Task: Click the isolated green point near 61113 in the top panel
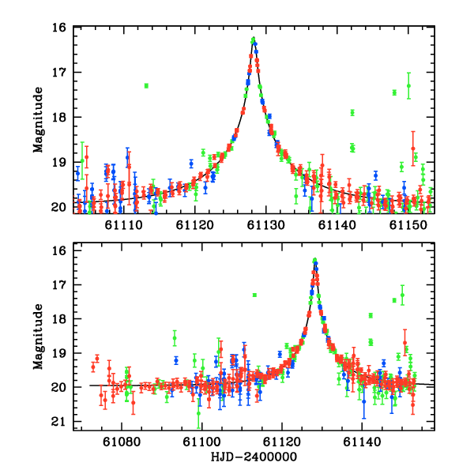point(146,85)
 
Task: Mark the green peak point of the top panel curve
point(254,39)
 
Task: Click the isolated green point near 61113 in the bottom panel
point(254,295)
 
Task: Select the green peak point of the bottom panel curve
point(314,260)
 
